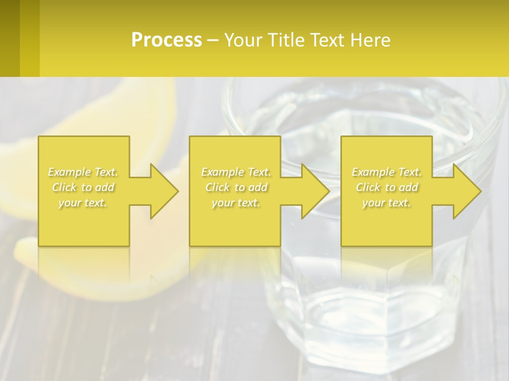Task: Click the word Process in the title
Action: [166, 40]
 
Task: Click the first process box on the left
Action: [84, 222]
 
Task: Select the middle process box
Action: [235, 222]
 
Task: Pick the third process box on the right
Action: [386, 222]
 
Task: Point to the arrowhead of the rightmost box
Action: [466, 191]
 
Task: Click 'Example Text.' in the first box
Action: [83, 172]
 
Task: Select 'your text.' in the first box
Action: [83, 203]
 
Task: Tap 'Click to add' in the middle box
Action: [236, 187]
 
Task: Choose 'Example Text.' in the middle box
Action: [236, 172]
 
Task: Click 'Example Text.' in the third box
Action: [387, 172]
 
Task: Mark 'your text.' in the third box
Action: [387, 203]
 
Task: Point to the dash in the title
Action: [213, 40]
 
